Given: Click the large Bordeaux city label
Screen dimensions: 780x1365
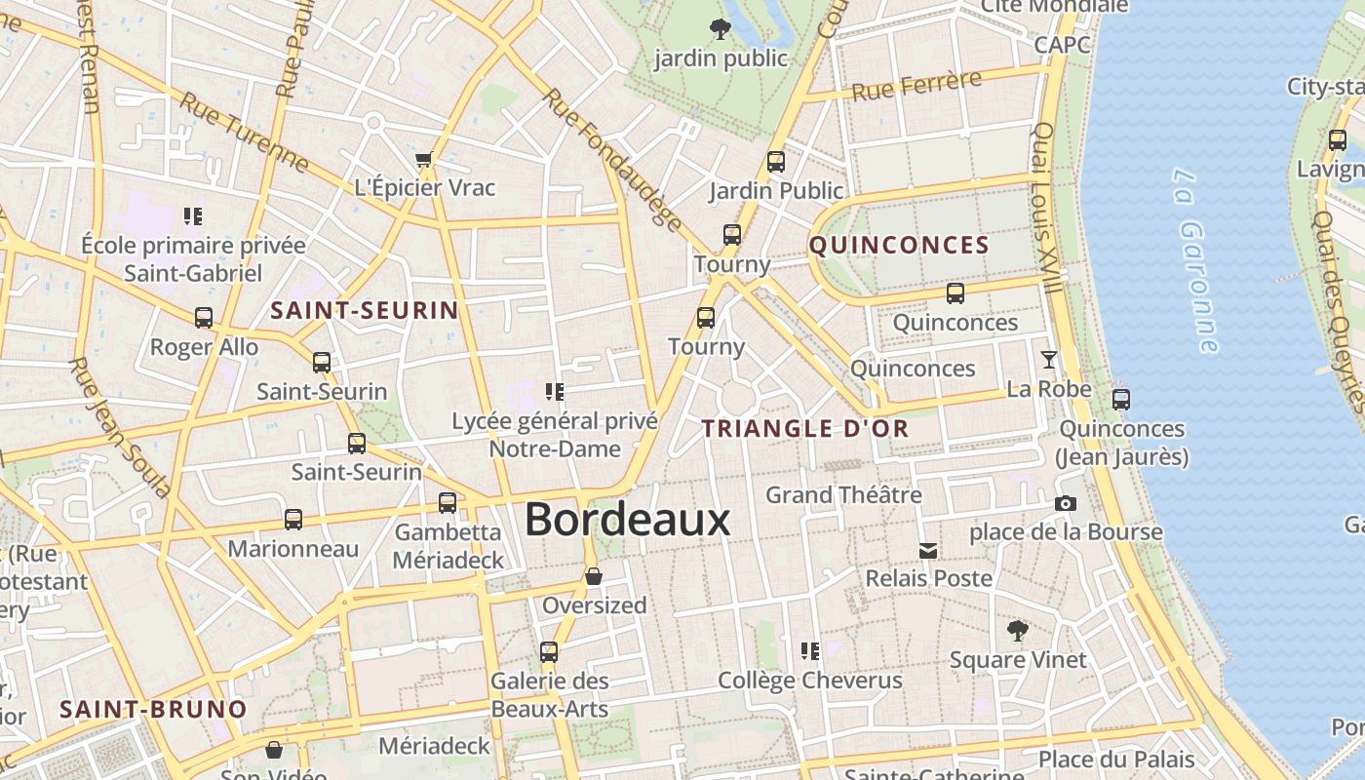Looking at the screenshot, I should [x=627, y=520].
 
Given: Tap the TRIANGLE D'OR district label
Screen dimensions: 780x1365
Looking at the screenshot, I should [x=805, y=428].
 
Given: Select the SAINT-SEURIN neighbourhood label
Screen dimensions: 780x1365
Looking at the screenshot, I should [x=364, y=311].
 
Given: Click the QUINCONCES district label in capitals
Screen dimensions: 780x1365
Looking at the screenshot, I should [x=899, y=245].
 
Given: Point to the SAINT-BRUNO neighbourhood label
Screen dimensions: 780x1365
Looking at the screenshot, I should [x=153, y=709].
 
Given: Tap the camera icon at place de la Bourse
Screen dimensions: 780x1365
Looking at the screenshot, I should [x=1066, y=503].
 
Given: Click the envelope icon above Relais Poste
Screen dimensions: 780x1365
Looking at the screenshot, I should [x=928, y=551].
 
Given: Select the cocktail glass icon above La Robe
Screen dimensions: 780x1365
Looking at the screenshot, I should [x=1048, y=360].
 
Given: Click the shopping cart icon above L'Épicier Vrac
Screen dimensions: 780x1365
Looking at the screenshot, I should [x=423, y=160].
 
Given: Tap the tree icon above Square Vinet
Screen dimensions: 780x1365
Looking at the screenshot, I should [x=1017, y=631].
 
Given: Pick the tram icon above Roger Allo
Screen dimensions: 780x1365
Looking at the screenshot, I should [x=203, y=318].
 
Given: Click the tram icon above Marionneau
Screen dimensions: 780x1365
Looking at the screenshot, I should [x=292, y=520].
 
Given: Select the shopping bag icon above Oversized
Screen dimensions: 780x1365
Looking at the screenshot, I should [x=593, y=577].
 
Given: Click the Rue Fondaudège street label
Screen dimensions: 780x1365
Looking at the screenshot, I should [x=612, y=160].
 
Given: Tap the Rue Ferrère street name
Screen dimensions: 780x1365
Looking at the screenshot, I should [x=916, y=86].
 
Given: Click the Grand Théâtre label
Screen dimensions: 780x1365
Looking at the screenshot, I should [x=843, y=495].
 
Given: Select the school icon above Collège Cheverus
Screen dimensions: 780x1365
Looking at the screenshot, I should [x=809, y=650].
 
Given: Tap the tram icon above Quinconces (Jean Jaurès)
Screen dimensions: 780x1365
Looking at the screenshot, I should [x=1121, y=399].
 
